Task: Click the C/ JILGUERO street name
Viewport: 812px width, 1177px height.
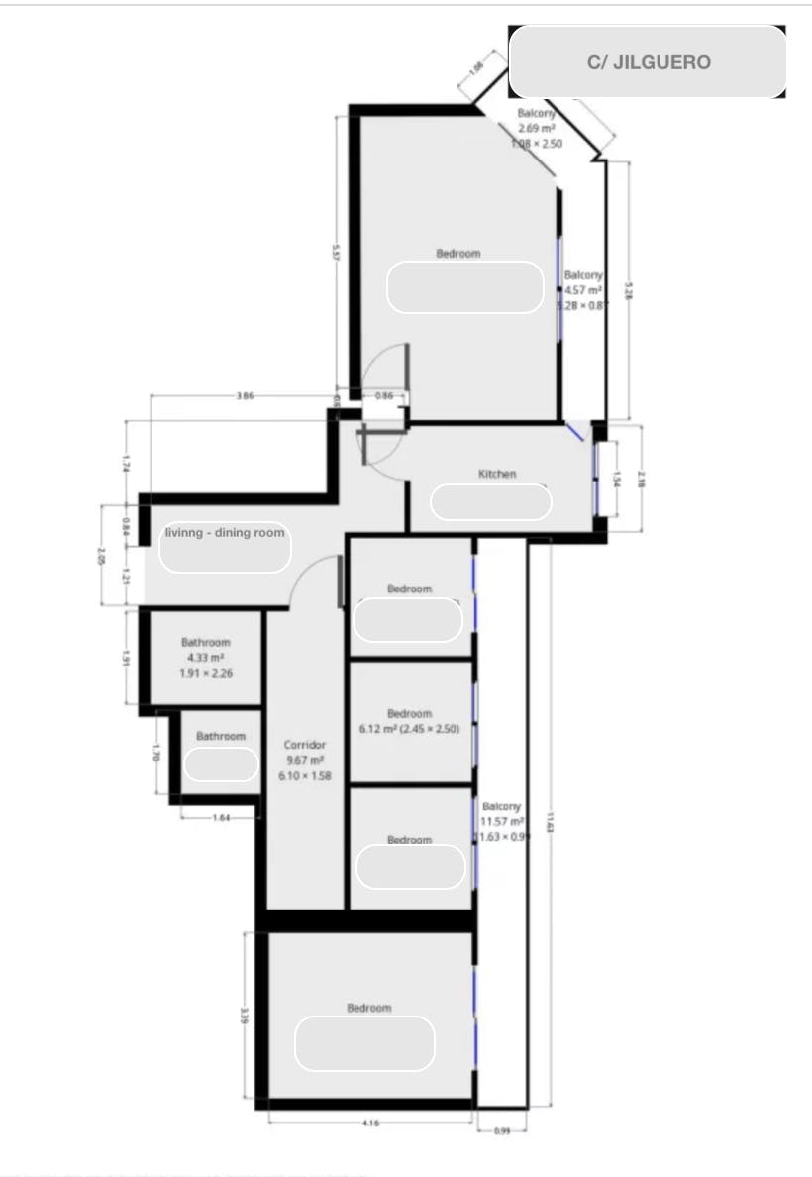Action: coord(649,62)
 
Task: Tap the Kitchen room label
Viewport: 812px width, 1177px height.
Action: coord(497,474)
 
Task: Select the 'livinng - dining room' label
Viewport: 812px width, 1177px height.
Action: coord(225,532)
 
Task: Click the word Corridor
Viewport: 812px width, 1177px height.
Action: coord(304,745)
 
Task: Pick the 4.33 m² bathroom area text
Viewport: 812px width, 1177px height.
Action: coord(205,658)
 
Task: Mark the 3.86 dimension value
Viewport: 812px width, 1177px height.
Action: coord(246,395)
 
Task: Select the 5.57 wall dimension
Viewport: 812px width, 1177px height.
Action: coord(338,251)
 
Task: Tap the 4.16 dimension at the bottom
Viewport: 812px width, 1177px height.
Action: coord(370,1123)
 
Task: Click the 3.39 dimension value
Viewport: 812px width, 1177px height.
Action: coord(244,1016)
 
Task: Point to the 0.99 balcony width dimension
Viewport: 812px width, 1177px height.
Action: coord(501,1129)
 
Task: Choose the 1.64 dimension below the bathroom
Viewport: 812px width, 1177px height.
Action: coord(221,817)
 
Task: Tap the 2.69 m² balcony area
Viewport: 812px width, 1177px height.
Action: coord(537,129)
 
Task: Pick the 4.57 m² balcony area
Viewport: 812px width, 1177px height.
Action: coord(582,290)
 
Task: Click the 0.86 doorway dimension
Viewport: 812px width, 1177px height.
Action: coord(384,396)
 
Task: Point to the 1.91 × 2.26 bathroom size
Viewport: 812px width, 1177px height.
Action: coord(205,673)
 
